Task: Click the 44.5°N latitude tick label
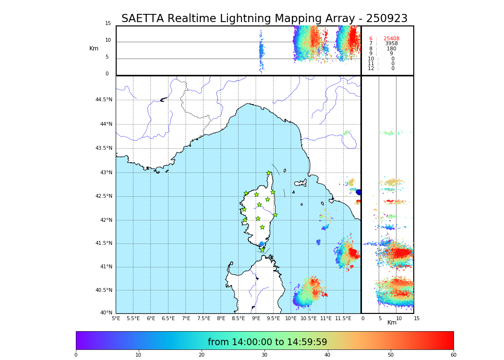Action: (104, 100)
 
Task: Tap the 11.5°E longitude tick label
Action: (343, 318)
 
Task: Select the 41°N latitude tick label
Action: (105, 267)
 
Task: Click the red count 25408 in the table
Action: (391, 39)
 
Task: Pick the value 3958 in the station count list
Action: (391, 44)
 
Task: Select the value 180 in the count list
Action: (391, 49)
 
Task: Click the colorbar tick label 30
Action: (264, 355)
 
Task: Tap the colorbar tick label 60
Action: (453, 355)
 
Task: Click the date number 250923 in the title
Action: (386, 19)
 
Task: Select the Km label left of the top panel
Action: (94, 48)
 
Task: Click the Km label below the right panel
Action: (392, 323)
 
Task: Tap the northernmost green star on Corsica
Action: (269, 173)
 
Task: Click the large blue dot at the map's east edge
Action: (359, 192)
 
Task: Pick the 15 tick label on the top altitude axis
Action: (108, 24)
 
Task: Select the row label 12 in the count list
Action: (371, 69)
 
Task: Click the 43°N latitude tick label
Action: (105, 172)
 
